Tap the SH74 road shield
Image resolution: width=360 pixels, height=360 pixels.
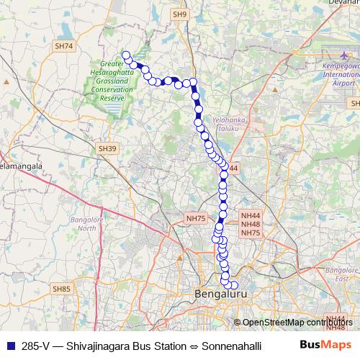[64, 46]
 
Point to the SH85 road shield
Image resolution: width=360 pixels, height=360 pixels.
[61, 289]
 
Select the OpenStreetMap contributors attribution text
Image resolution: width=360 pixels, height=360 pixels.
[296, 322]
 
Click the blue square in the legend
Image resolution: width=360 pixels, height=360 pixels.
[11, 345]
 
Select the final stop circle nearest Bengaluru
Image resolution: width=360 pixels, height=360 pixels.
[233, 286]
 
